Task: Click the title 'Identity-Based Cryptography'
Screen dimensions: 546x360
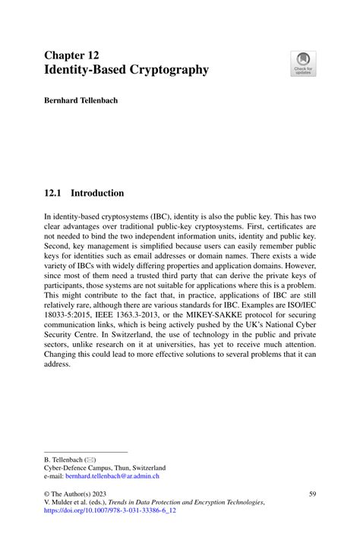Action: click(x=126, y=70)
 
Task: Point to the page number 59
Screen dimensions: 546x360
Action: click(x=312, y=494)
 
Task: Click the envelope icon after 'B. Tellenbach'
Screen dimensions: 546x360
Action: click(x=90, y=459)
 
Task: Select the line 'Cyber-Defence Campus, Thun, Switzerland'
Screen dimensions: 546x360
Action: click(x=105, y=468)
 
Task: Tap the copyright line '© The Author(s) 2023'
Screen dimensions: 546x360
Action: click(x=79, y=494)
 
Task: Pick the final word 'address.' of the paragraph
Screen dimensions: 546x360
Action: click(x=58, y=364)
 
